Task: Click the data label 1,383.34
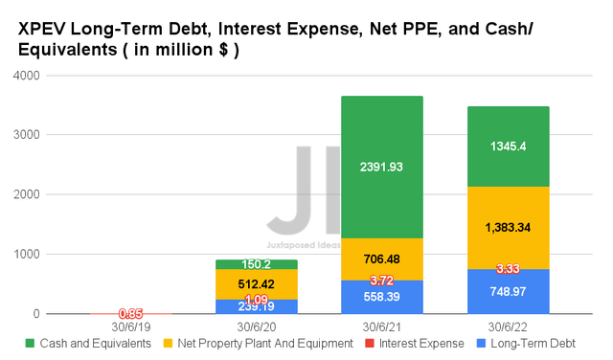point(509,228)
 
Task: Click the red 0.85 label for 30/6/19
point(131,313)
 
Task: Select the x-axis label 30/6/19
point(131,326)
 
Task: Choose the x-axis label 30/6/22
point(509,326)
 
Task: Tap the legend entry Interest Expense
point(418,344)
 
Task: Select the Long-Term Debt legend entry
point(541,344)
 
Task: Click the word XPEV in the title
point(39,30)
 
